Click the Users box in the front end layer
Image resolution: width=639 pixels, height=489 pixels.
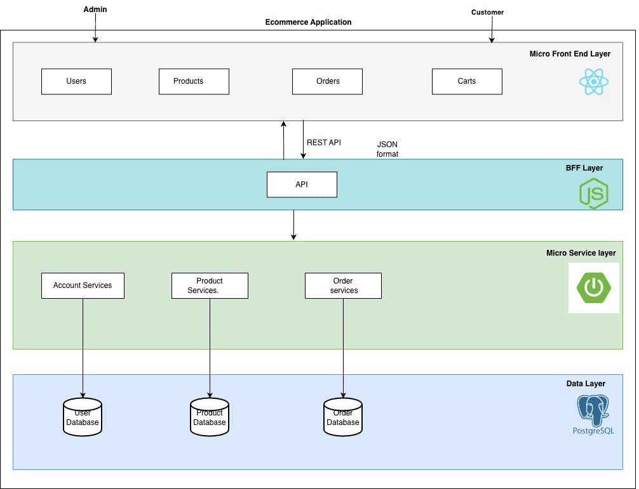click(x=76, y=81)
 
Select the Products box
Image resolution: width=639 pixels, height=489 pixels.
click(x=194, y=81)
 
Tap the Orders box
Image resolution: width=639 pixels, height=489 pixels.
click(x=327, y=81)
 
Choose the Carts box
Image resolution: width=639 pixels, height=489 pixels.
click(x=467, y=81)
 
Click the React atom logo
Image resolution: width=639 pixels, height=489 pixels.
click(x=594, y=82)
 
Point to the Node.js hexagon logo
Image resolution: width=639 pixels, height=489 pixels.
click(x=594, y=193)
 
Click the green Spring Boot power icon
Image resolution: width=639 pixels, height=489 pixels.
click(x=593, y=288)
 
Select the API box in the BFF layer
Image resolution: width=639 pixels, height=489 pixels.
click(x=302, y=185)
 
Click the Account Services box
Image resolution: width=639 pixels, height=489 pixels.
click(x=83, y=285)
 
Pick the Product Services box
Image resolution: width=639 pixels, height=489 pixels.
click(x=210, y=285)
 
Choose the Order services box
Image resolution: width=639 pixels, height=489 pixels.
click(x=343, y=285)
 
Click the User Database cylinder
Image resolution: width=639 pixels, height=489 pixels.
click(x=83, y=417)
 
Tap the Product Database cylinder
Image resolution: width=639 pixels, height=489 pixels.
click(x=210, y=417)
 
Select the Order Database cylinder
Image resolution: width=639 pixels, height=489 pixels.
click(x=343, y=417)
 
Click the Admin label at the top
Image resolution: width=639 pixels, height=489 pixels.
click(x=95, y=10)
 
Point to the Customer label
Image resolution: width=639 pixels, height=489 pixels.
click(x=487, y=12)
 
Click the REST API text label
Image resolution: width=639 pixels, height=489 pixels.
click(x=324, y=143)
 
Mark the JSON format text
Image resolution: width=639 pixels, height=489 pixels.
click(x=387, y=149)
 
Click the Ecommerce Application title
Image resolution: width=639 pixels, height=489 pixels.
click(x=308, y=22)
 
